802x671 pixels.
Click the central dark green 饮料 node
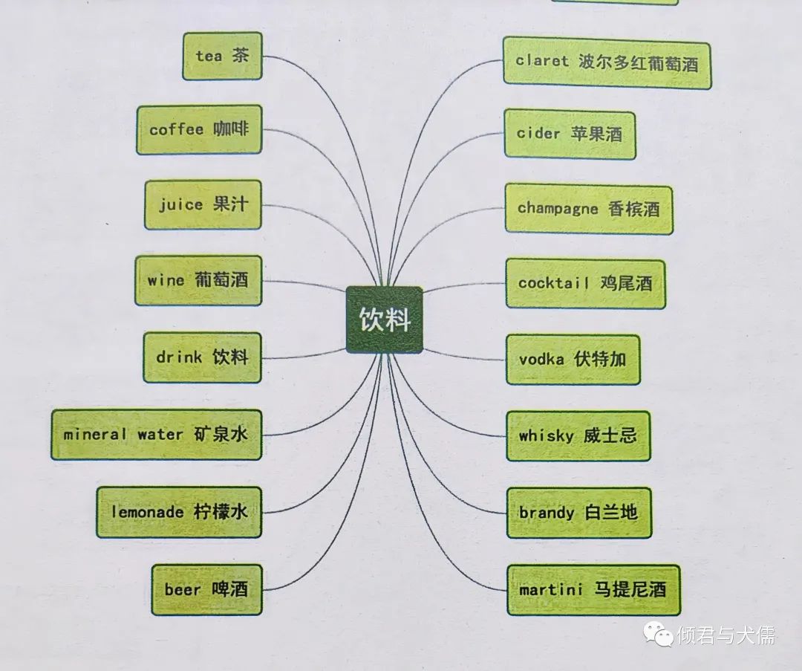pyautogui.click(x=384, y=320)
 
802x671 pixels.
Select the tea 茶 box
pyautogui.click(x=223, y=56)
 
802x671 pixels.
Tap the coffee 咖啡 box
pyautogui.click(x=199, y=129)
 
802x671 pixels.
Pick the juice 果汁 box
pyautogui.click(x=203, y=204)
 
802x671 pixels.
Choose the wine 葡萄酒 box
pyautogui.click(x=198, y=280)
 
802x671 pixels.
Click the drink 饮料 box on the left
pyautogui.click(x=202, y=357)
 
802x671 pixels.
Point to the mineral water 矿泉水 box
pyautogui.click(x=157, y=434)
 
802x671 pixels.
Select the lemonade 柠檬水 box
pyautogui.click(x=179, y=512)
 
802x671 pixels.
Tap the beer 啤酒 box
pyautogui.click(x=206, y=590)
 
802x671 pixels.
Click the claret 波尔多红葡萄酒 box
pyautogui.click(x=607, y=62)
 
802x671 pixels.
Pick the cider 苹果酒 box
pyautogui.click(x=570, y=134)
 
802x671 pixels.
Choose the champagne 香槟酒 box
pyautogui.click(x=588, y=209)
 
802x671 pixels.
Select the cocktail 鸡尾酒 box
pyautogui.click(x=585, y=283)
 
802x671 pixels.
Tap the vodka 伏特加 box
pyautogui.click(x=573, y=360)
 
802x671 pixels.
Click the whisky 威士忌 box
pyautogui.click(x=578, y=435)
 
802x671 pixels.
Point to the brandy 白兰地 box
pyautogui.click(x=578, y=513)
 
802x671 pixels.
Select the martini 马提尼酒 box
pyautogui.click(x=593, y=590)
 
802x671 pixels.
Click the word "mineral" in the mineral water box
pyautogui.click(x=95, y=435)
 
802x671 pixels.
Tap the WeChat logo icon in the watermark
pyautogui.click(x=659, y=634)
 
